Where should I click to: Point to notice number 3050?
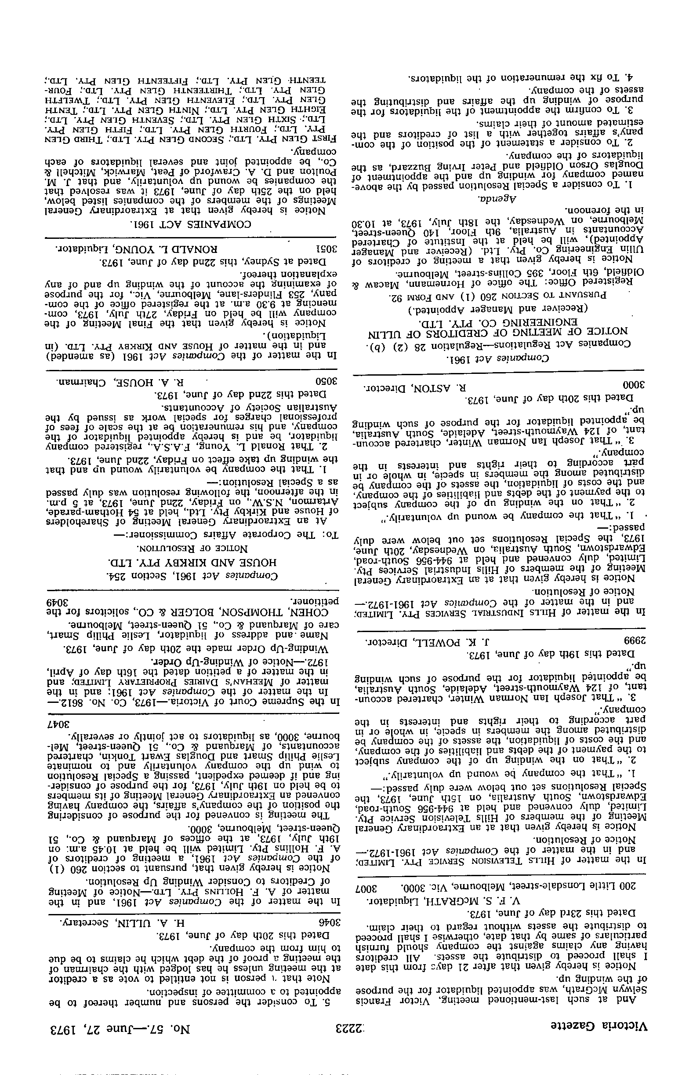(x=329, y=383)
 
